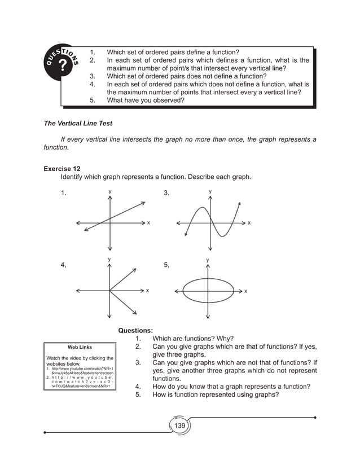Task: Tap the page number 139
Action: (179, 425)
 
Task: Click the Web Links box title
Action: (80, 347)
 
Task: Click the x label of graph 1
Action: (148, 223)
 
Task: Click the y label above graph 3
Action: (210, 192)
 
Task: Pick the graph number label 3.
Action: (166, 194)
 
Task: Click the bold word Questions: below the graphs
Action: (135, 331)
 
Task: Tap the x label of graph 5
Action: (245, 291)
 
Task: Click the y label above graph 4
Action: (109, 259)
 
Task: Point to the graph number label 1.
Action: (64, 194)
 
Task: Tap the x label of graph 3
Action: (249, 223)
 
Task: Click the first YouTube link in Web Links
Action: (81, 370)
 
